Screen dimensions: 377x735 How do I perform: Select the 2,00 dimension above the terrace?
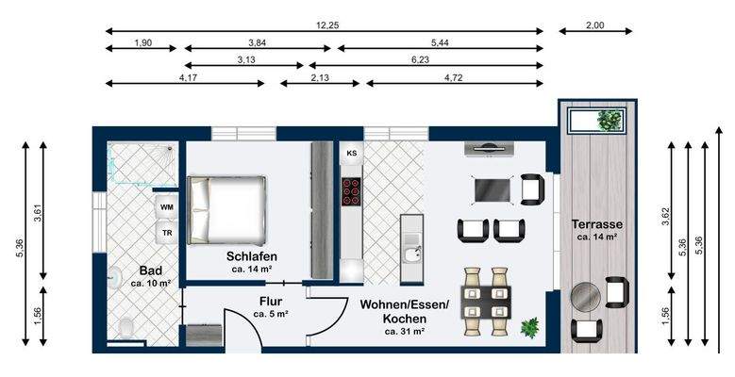595,25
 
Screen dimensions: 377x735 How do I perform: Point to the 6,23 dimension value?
440,59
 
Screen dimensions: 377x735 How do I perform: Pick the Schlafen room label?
251,256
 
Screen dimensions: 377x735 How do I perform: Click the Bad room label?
149,270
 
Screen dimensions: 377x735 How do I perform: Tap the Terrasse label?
594,225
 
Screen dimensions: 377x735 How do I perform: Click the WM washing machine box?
167,206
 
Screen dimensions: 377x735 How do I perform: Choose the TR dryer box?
167,232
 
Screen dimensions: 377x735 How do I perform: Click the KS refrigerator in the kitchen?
351,153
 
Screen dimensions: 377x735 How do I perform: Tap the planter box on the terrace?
597,121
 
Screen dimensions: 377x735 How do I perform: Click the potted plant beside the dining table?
530,327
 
